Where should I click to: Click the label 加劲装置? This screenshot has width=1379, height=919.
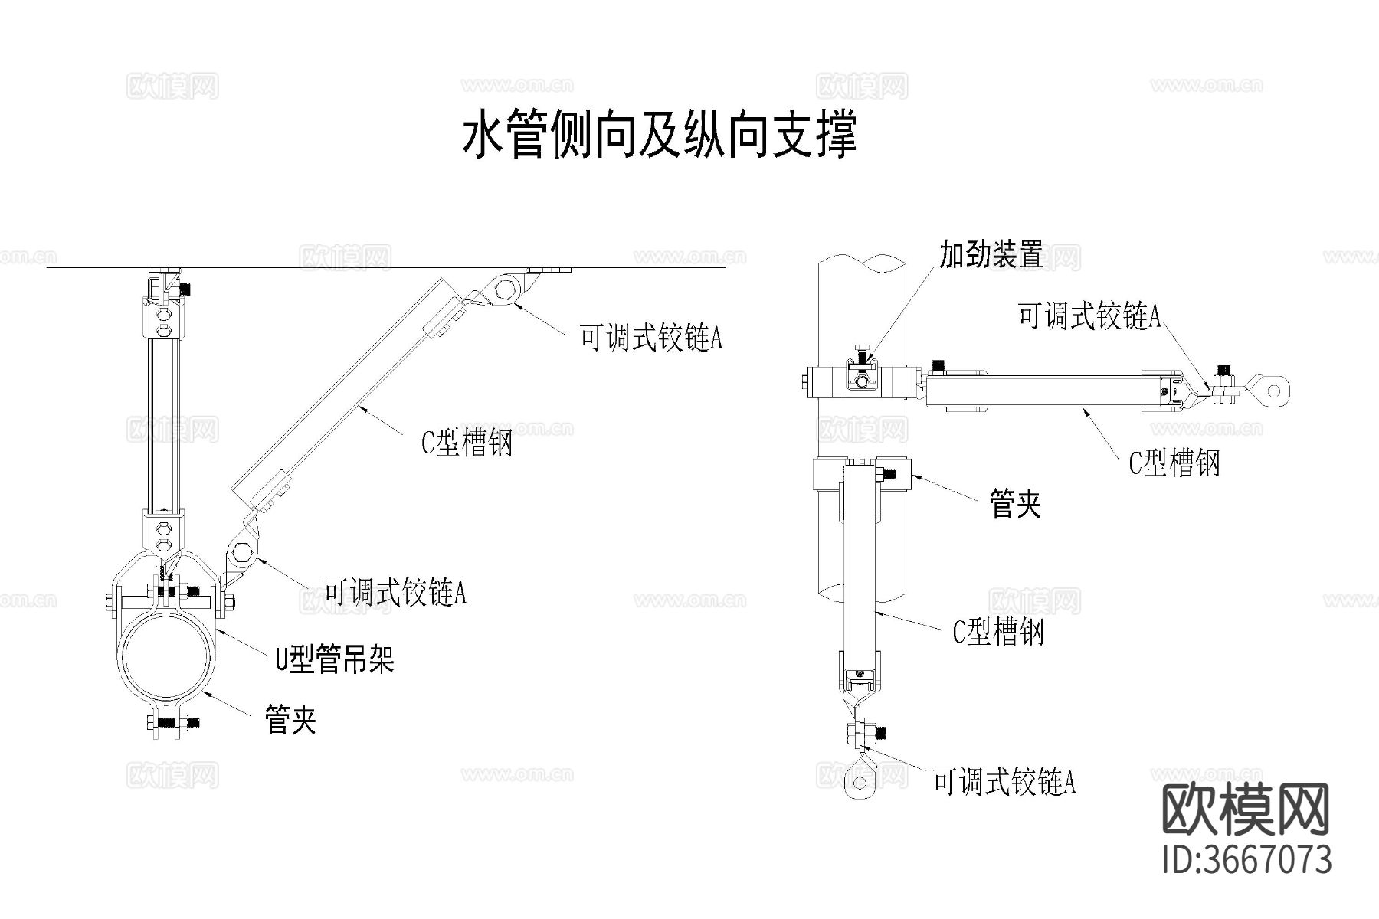coord(991,255)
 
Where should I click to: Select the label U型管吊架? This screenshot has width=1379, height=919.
coord(335,658)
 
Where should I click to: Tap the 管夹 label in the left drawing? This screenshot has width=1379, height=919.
coord(290,720)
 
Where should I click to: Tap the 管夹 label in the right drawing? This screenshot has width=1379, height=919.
coord(1015,504)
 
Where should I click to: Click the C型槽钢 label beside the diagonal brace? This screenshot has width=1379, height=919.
coord(467,442)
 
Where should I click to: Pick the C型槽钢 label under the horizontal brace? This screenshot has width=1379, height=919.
coord(1174,463)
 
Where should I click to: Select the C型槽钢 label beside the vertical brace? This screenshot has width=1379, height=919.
coord(997,632)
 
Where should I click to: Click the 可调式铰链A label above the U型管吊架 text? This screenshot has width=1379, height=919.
coord(395,592)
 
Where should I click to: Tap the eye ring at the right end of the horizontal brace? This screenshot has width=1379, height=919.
coord(1273,391)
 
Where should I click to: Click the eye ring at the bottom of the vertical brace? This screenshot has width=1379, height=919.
coord(859,782)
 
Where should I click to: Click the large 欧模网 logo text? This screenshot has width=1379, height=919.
coord(1246,811)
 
